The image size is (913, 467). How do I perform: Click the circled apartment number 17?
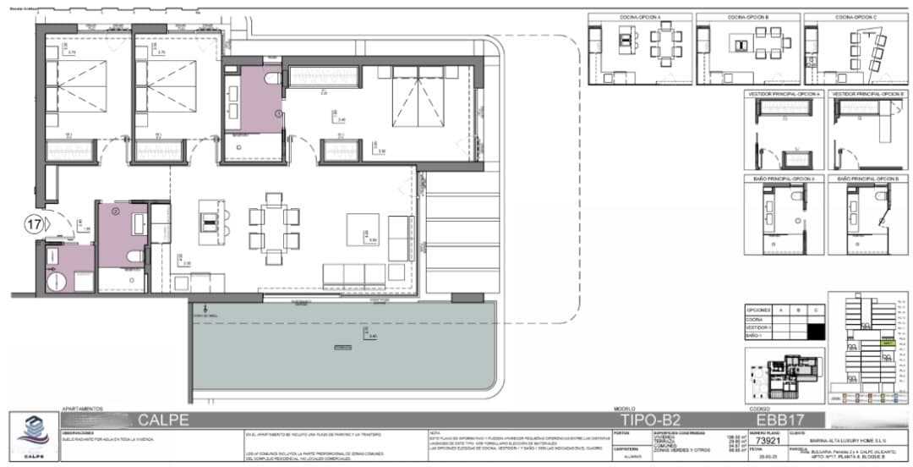point(34,224)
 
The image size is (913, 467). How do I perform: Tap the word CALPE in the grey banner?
point(157,419)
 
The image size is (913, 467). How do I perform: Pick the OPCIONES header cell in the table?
point(758,310)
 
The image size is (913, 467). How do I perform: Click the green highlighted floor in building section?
point(888,343)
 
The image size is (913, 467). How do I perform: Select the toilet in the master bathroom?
point(271,79)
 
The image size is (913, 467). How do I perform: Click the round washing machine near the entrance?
point(54,278)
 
